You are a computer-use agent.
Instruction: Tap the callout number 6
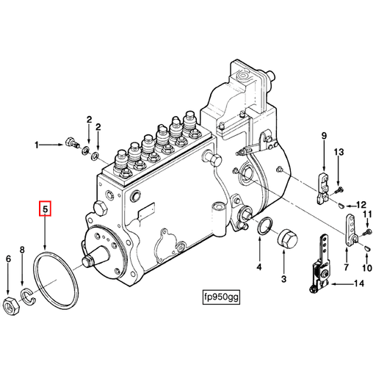pyautogui.click(x=9, y=258)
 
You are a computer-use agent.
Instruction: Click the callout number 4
pyautogui.click(x=258, y=267)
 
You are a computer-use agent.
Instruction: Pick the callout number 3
pyautogui.click(x=283, y=278)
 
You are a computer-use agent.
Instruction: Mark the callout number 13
pyautogui.click(x=339, y=152)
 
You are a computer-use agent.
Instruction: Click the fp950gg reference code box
pyautogui.click(x=222, y=298)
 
